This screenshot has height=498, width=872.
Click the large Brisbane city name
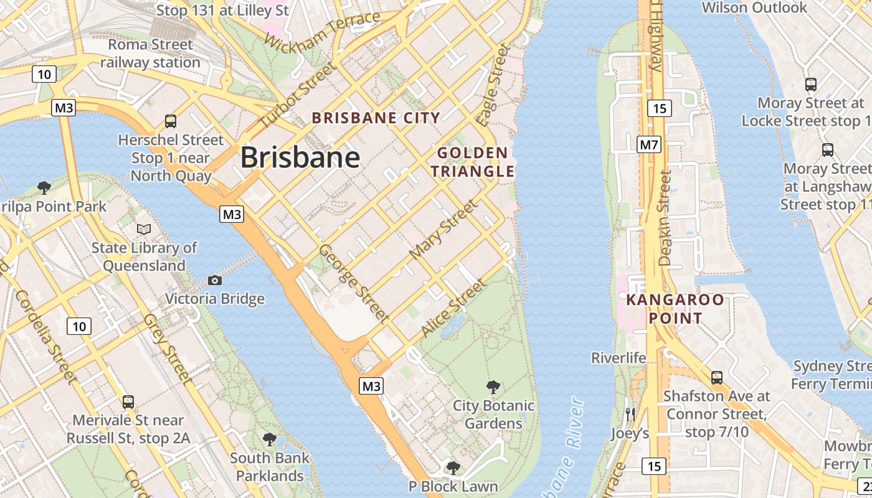300,157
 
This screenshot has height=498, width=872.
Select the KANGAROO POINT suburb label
675,309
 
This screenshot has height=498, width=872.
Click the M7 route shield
649,145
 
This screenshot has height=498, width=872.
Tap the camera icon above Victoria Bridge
215,280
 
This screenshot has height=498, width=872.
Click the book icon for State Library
144,229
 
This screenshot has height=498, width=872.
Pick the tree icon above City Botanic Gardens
493,387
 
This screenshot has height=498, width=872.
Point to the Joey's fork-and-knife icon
630,414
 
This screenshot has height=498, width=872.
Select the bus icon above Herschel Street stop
171,121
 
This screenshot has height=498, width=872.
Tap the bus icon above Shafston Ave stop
717,377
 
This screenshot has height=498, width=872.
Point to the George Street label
353,283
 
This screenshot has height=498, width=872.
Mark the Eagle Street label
493,85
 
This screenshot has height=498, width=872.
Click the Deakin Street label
665,218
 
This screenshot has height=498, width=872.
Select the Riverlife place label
618,358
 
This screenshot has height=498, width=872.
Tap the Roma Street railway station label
150,54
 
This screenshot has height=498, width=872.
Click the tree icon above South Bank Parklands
270,439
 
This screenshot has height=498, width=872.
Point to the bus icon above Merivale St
128,402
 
